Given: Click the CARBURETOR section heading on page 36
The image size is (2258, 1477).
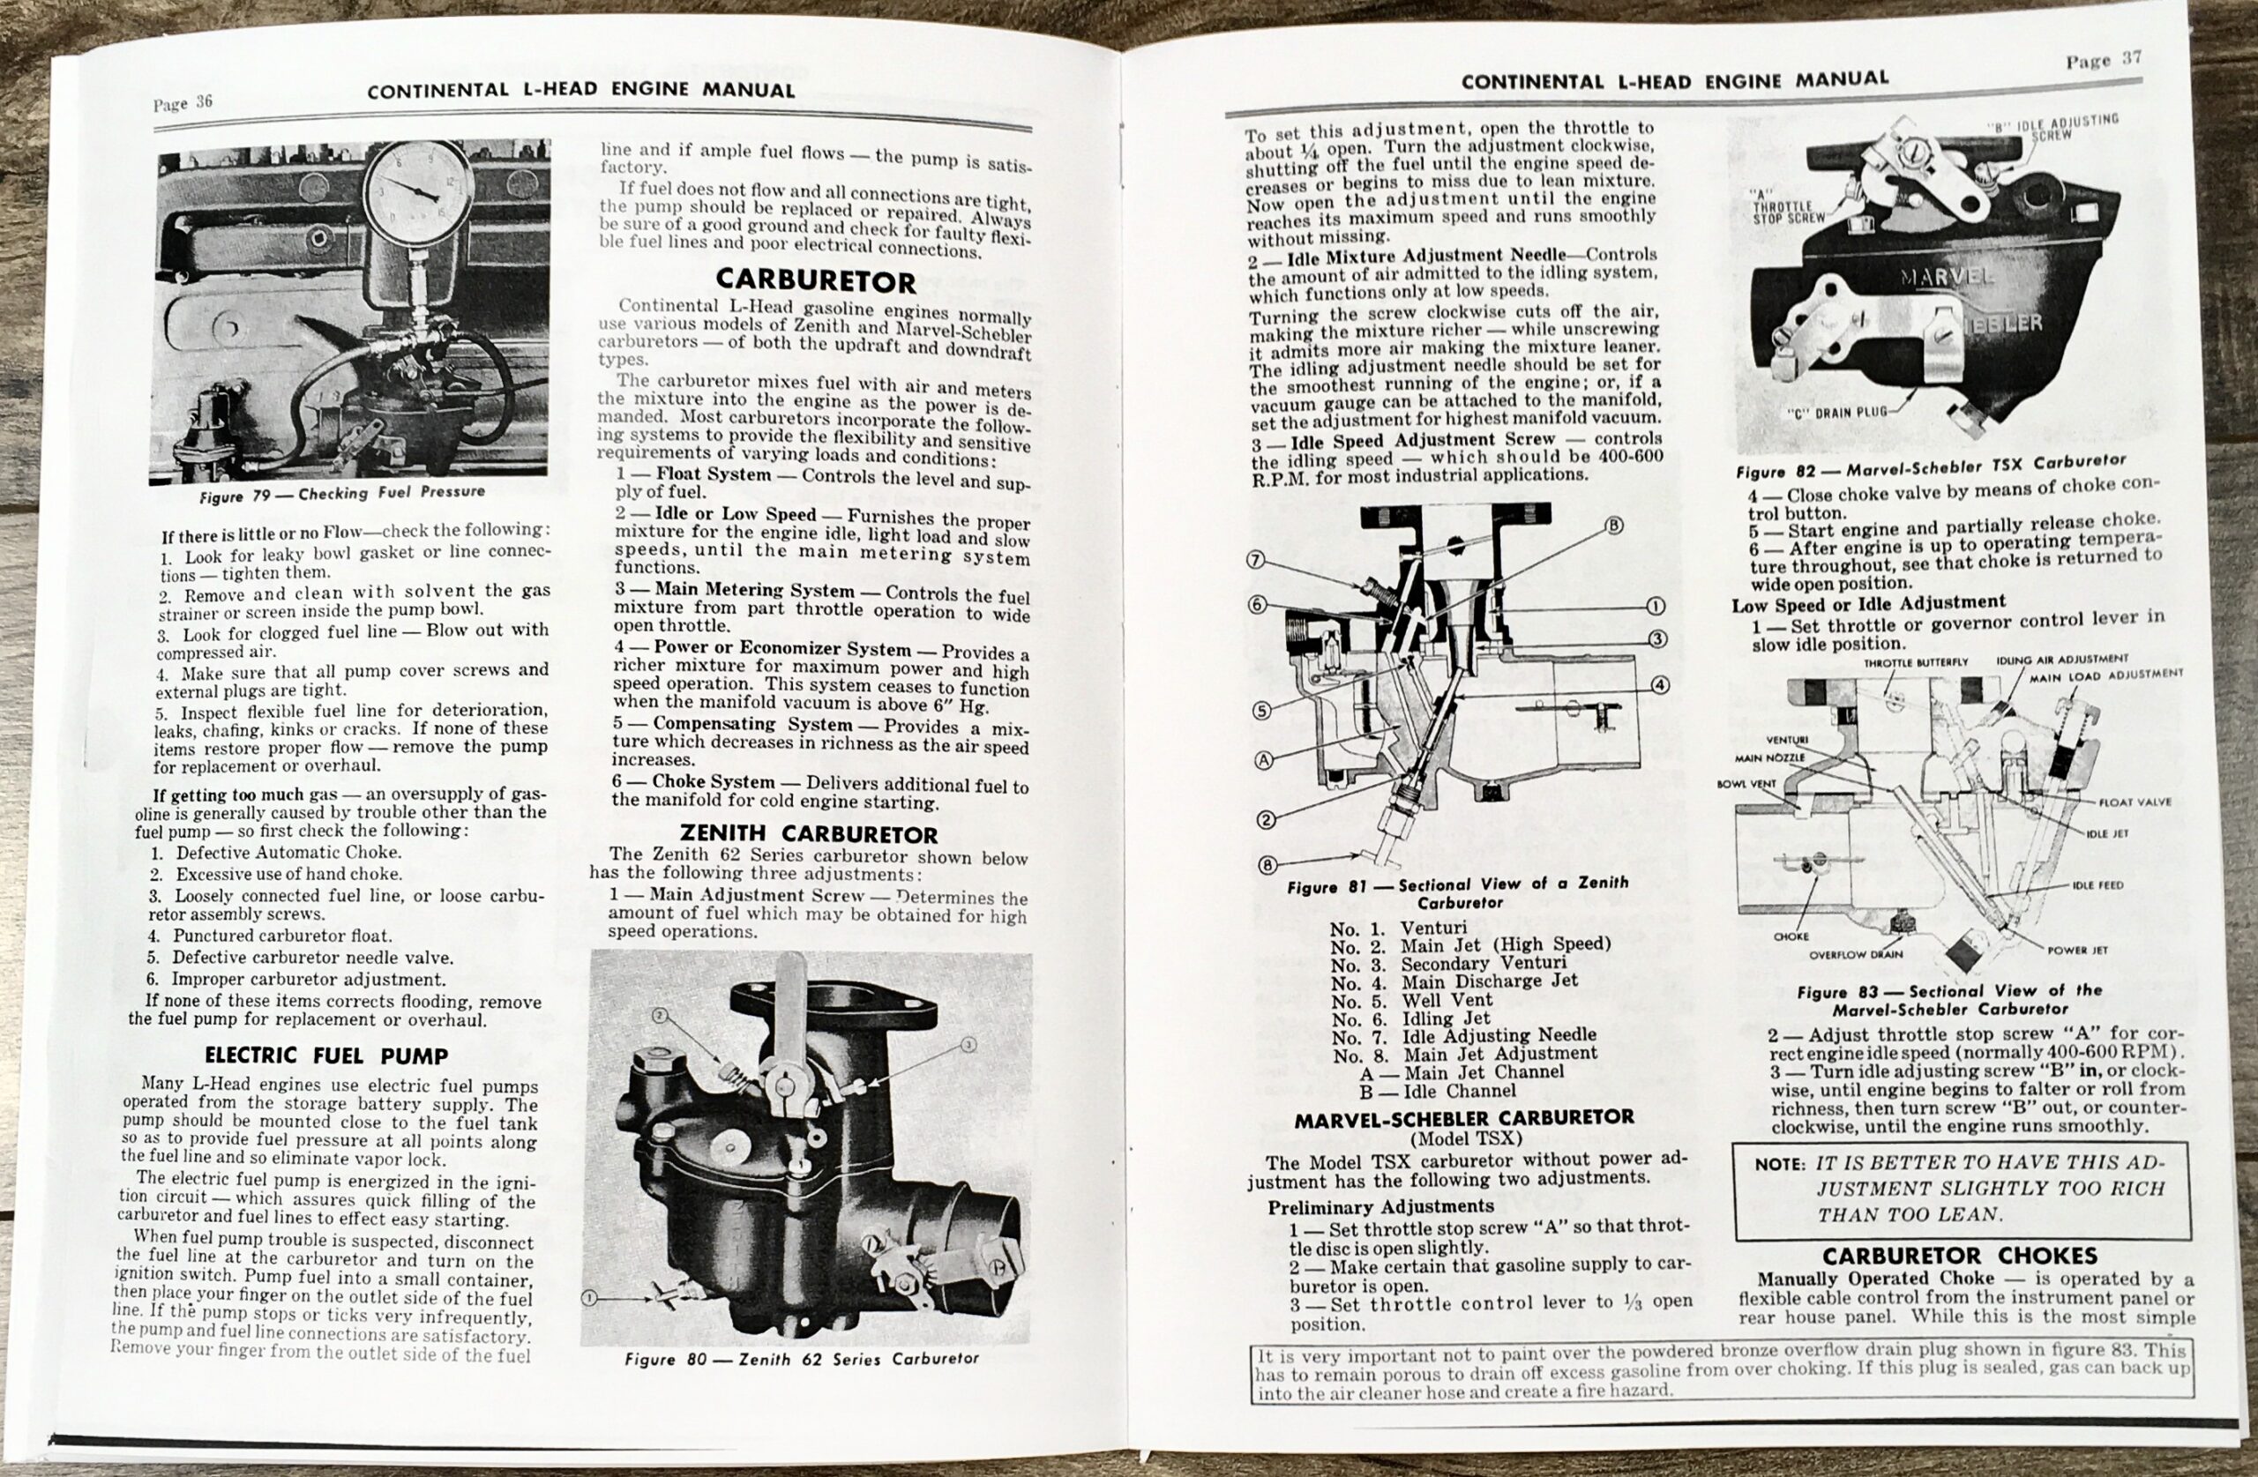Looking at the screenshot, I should click(x=815, y=280).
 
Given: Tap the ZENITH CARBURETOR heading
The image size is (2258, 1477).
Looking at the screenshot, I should click(x=808, y=834).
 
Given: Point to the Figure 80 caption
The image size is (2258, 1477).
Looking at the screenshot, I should click(x=802, y=1359).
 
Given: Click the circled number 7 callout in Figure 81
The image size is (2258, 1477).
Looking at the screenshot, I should click(x=1256, y=561).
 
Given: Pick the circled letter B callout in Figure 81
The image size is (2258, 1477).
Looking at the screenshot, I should click(x=1613, y=526).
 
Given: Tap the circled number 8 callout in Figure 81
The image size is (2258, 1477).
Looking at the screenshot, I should click(x=1267, y=864).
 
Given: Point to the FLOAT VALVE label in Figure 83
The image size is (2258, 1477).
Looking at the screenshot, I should click(x=2135, y=802).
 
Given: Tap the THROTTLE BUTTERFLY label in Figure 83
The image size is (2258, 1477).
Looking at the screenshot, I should click(x=1916, y=662).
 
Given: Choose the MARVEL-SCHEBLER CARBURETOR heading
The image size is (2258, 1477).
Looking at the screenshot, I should click(x=1464, y=1117).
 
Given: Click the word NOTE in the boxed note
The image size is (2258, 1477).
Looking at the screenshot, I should click(x=1780, y=1164).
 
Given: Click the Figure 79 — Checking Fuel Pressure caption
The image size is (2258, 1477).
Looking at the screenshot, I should click(x=341, y=494).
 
